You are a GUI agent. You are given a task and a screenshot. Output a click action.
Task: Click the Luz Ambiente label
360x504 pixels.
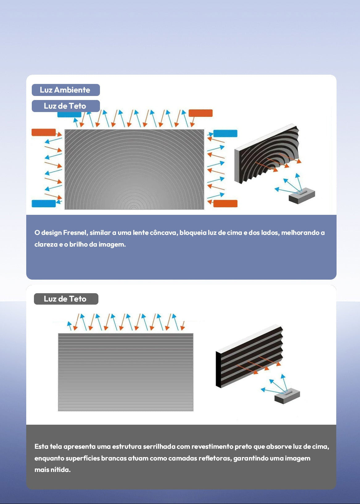click(x=66, y=90)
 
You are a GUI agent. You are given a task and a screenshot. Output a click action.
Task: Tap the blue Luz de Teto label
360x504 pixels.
click(x=66, y=106)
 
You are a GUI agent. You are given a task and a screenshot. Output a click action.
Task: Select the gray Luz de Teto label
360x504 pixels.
click(x=66, y=299)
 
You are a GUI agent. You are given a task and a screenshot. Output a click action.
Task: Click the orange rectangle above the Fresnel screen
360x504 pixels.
click(x=201, y=113)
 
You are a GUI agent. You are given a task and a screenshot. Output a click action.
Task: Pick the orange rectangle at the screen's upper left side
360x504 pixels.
click(x=43, y=132)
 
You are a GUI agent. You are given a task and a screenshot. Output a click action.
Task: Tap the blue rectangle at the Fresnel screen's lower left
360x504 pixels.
click(x=43, y=203)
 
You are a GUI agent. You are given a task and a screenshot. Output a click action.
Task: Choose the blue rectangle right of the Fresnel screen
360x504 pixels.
click(x=225, y=133)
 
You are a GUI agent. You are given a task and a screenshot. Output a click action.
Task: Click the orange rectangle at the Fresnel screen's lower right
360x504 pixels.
click(x=225, y=203)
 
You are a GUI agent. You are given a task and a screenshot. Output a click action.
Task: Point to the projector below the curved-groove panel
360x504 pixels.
click(x=302, y=196)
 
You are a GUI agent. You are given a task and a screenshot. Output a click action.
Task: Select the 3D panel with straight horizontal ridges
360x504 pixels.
click(x=249, y=356)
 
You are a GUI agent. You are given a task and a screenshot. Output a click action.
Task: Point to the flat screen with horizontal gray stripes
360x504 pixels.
click(x=126, y=372)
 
